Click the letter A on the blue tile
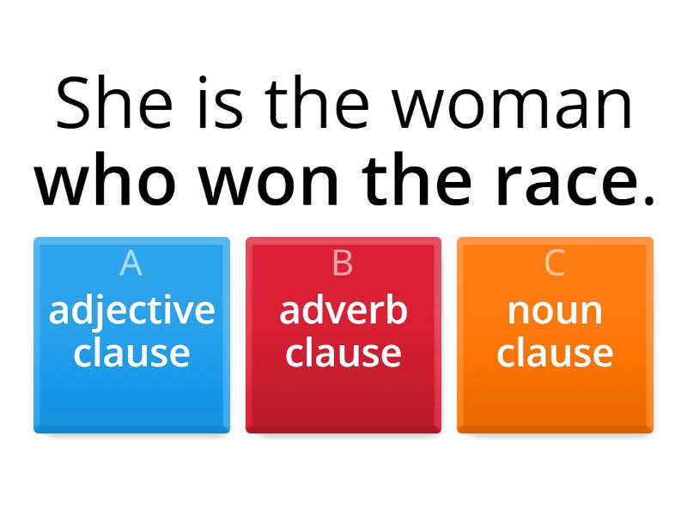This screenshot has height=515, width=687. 131,264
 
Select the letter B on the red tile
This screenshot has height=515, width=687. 343,264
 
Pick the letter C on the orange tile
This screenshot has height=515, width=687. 555,264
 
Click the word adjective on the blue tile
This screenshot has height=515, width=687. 131,311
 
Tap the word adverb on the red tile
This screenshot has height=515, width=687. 343,310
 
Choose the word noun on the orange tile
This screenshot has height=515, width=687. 555,310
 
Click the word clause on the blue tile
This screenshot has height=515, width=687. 131,352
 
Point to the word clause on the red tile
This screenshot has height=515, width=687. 343,352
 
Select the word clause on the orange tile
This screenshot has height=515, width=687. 555,352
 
